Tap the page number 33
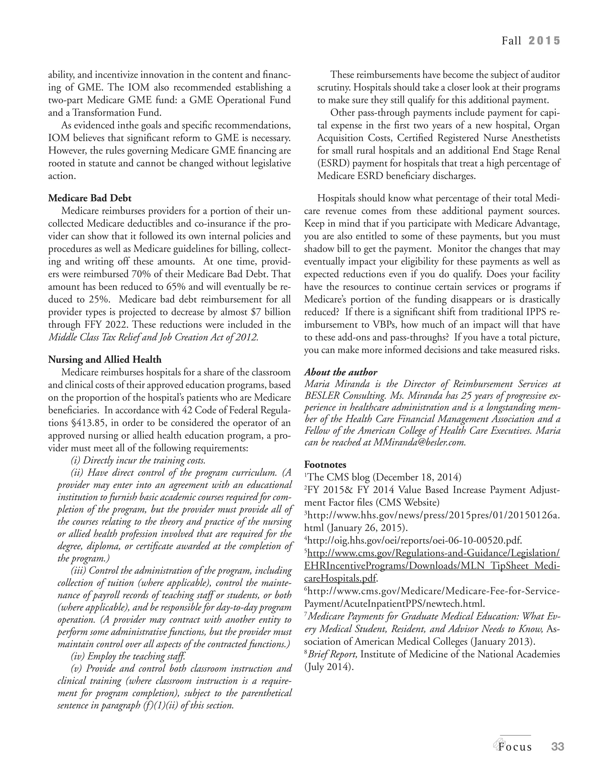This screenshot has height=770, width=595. (558, 746)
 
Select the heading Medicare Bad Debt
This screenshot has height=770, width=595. (90, 198)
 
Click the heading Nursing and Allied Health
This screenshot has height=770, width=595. (105, 360)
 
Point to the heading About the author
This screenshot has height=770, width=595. (340, 372)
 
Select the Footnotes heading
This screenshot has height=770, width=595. (325, 464)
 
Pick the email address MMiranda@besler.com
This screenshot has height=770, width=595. (419, 442)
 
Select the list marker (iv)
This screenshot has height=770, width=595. (78, 656)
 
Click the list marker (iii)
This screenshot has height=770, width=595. (79, 570)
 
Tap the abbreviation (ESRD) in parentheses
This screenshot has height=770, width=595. (333, 164)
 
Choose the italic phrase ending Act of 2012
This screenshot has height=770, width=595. (153, 337)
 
